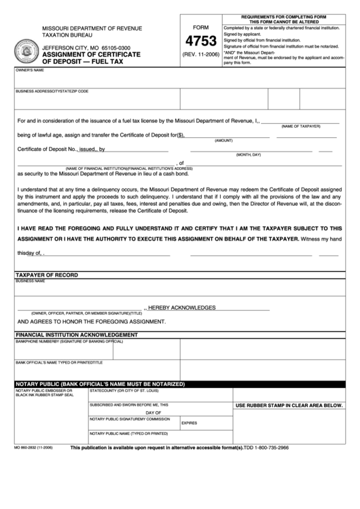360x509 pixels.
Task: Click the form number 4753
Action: click(x=200, y=40)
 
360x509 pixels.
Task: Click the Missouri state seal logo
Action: click(x=29, y=51)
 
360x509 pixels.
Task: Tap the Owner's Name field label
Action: click(x=30, y=70)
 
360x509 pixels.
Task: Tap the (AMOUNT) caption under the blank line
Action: click(x=224, y=141)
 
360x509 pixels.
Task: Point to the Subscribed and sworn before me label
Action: click(x=128, y=404)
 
